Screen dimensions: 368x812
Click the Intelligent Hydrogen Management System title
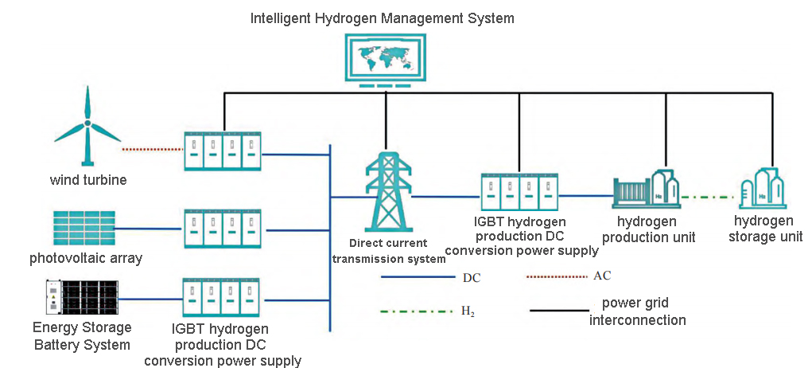tap(383, 18)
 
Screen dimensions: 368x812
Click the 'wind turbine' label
tap(88, 180)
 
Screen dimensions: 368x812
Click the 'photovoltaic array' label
tap(86, 259)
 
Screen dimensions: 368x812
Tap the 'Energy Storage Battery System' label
tap(82, 336)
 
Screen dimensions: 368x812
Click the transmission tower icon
tap(387, 191)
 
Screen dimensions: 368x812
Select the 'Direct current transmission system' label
tap(389, 250)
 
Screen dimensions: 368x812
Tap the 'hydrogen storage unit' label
tap(763, 229)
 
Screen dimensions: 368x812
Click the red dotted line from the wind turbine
tap(153, 149)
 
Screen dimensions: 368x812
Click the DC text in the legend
tap(472, 279)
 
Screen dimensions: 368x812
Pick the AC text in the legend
tap(602, 276)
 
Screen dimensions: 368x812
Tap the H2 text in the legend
tap(468, 311)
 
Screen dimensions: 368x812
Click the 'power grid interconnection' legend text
tap(644, 311)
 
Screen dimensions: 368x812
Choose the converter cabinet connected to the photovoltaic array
tap(223, 229)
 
